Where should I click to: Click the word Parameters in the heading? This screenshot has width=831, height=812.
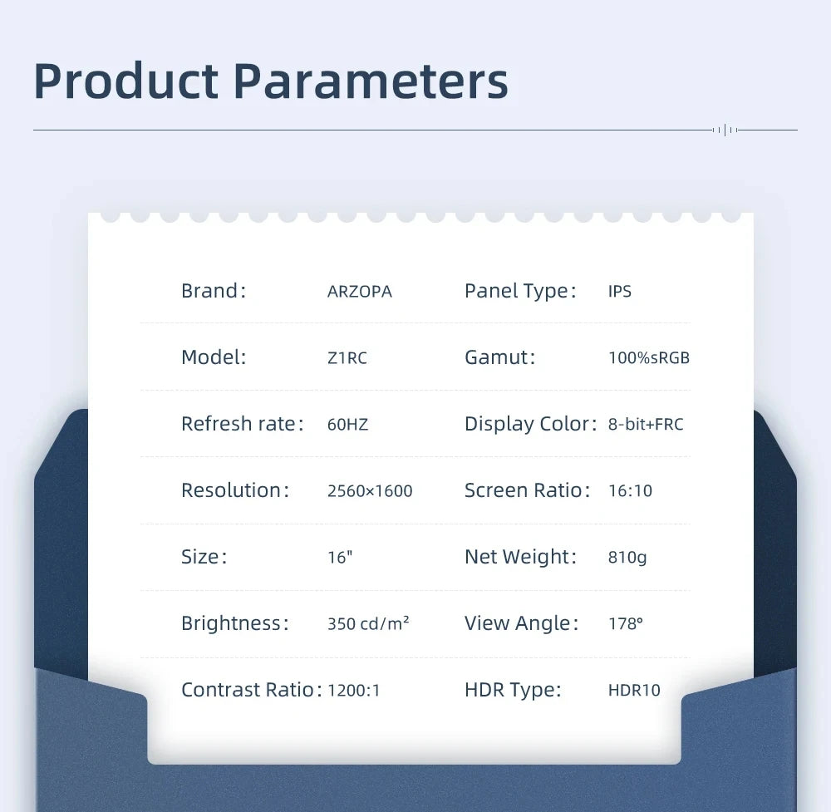pyautogui.click(x=370, y=81)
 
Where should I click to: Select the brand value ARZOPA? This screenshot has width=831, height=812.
pyautogui.click(x=359, y=292)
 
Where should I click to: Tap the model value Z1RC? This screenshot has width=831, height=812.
pyautogui.click(x=347, y=358)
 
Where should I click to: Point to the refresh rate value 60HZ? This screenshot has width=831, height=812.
pyautogui.click(x=347, y=425)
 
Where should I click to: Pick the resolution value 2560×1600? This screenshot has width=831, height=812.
pyautogui.click(x=370, y=491)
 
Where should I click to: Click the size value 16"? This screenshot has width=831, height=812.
pyautogui.click(x=340, y=558)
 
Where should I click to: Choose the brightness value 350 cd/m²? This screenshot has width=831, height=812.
pyautogui.click(x=368, y=623)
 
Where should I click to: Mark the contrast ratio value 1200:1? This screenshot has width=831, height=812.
pyautogui.click(x=354, y=691)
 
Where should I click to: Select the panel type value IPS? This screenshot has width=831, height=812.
pyautogui.click(x=620, y=292)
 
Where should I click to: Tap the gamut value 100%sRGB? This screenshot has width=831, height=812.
pyautogui.click(x=649, y=358)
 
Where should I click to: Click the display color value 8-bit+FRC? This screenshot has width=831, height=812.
pyautogui.click(x=646, y=425)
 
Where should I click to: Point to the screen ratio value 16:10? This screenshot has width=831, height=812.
pyautogui.click(x=630, y=491)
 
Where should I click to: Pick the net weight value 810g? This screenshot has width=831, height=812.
pyautogui.click(x=627, y=558)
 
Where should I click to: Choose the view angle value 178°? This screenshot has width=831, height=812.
pyautogui.click(x=626, y=623)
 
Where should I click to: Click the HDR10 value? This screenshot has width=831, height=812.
pyautogui.click(x=634, y=691)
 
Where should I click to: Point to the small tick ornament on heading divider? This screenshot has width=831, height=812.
pyautogui.click(x=725, y=130)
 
